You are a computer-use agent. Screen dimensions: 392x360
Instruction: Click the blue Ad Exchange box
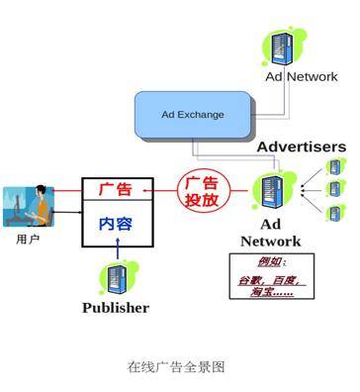(193, 114)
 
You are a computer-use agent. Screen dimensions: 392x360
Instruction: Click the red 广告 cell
(116, 188)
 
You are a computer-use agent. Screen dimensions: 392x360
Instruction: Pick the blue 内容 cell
(116, 224)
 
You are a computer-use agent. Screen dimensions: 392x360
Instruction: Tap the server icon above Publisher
(116, 277)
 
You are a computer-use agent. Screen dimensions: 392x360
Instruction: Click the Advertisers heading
(301, 147)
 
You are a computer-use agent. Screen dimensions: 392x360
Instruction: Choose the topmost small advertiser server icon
(334, 166)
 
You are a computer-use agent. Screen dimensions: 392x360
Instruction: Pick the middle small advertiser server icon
(334, 188)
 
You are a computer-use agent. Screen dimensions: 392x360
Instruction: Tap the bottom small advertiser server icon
(334, 212)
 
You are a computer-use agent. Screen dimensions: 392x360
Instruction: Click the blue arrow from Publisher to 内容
(116, 252)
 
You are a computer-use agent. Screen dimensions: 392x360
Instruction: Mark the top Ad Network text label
(301, 76)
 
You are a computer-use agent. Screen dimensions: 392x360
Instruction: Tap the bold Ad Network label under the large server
(270, 233)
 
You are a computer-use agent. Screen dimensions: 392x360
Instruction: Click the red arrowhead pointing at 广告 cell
(148, 188)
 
